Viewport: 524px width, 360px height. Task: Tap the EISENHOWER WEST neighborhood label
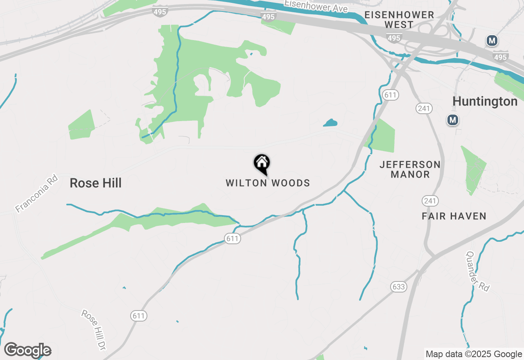tap(399, 20)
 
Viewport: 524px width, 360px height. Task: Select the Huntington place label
tap(485, 101)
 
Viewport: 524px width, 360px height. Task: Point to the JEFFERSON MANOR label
tap(410, 169)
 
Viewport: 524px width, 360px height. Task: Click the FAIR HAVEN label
tap(454, 216)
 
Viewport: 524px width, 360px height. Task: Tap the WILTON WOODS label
tap(268, 183)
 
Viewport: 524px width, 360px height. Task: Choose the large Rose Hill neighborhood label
tap(95, 183)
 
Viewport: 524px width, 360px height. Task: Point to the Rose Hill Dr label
tap(94, 330)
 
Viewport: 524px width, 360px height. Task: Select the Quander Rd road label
tap(478, 271)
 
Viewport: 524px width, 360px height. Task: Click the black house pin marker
tap(262, 164)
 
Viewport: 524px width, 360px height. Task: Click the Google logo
tap(27, 351)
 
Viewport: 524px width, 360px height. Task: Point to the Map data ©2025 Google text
tap(474, 354)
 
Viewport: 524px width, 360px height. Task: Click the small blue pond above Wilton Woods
tap(330, 122)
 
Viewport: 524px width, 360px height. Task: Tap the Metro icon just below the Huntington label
tap(452, 120)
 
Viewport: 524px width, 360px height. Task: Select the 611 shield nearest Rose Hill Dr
tap(139, 316)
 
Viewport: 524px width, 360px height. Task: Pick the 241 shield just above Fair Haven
tap(430, 201)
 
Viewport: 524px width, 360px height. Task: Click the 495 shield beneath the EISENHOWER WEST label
tap(393, 38)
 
